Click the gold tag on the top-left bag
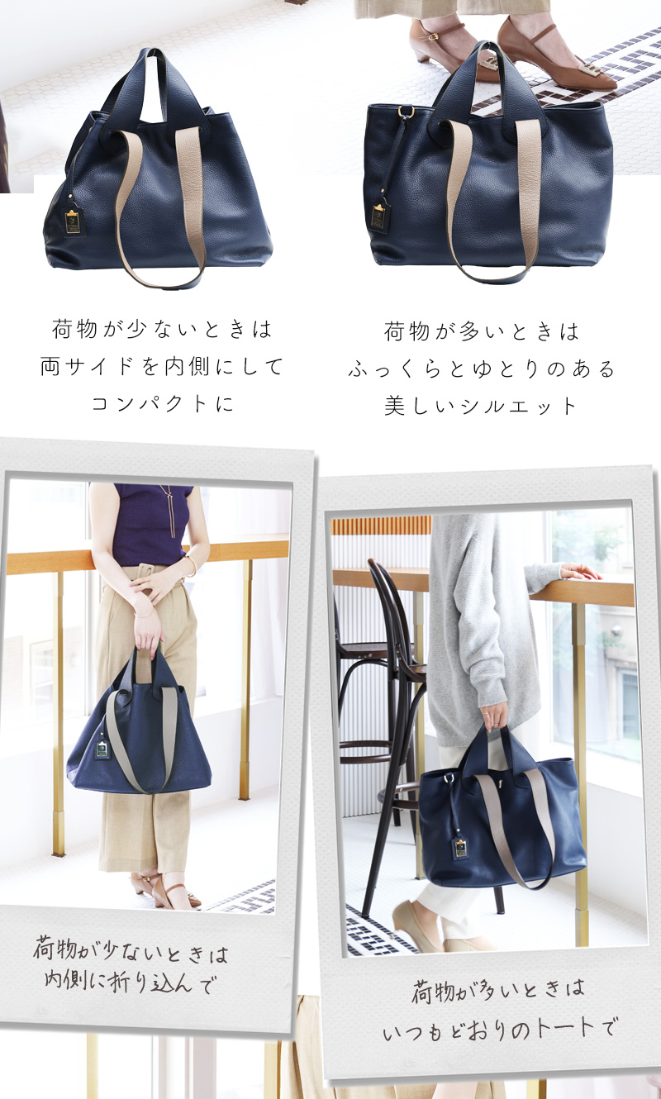(72, 221)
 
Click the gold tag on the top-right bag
(378, 216)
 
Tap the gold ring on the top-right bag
(406, 112)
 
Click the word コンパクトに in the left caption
(163, 403)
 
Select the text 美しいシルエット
(480, 406)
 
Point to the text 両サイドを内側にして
(161, 367)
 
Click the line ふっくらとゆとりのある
(481, 369)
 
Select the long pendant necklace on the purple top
(169, 511)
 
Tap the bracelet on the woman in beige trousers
(192, 567)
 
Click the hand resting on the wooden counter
(581, 572)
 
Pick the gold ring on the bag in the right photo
(449, 778)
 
